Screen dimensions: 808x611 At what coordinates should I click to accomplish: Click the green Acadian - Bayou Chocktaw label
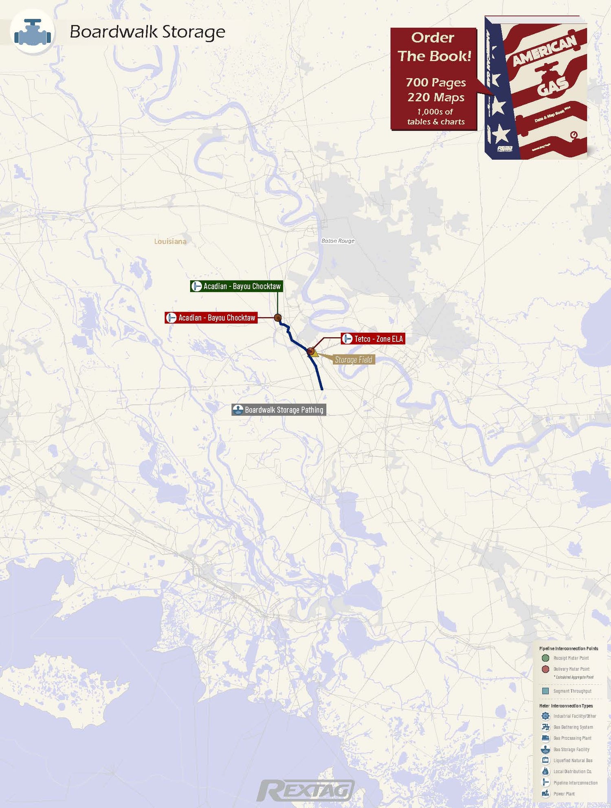(237, 286)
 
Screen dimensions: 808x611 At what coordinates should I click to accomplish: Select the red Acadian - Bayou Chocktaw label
(211, 318)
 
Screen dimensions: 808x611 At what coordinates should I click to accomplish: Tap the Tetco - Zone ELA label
(373, 339)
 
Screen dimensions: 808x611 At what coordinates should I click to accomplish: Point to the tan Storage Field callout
(353, 360)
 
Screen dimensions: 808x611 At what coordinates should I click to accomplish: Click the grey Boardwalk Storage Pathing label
(279, 410)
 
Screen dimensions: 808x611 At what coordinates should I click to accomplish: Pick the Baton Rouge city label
(338, 241)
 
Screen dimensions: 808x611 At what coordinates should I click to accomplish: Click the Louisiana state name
(170, 242)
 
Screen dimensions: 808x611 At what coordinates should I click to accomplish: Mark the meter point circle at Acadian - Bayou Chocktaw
(278, 318)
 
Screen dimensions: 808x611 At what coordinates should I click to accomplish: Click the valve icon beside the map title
(33, 32)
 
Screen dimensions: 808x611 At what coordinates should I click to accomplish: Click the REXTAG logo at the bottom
(305, 790)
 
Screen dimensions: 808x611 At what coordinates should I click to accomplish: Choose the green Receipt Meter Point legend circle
(545, 658)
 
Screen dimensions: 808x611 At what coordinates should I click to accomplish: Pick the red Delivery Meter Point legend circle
(545, 669)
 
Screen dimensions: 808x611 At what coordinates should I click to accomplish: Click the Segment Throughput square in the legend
(545, 691)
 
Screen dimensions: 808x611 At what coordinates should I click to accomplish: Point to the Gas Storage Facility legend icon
(545, 749)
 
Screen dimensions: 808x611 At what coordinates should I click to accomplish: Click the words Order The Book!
(434, 46)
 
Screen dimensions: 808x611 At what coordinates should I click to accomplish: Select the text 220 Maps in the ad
(436, 97)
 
